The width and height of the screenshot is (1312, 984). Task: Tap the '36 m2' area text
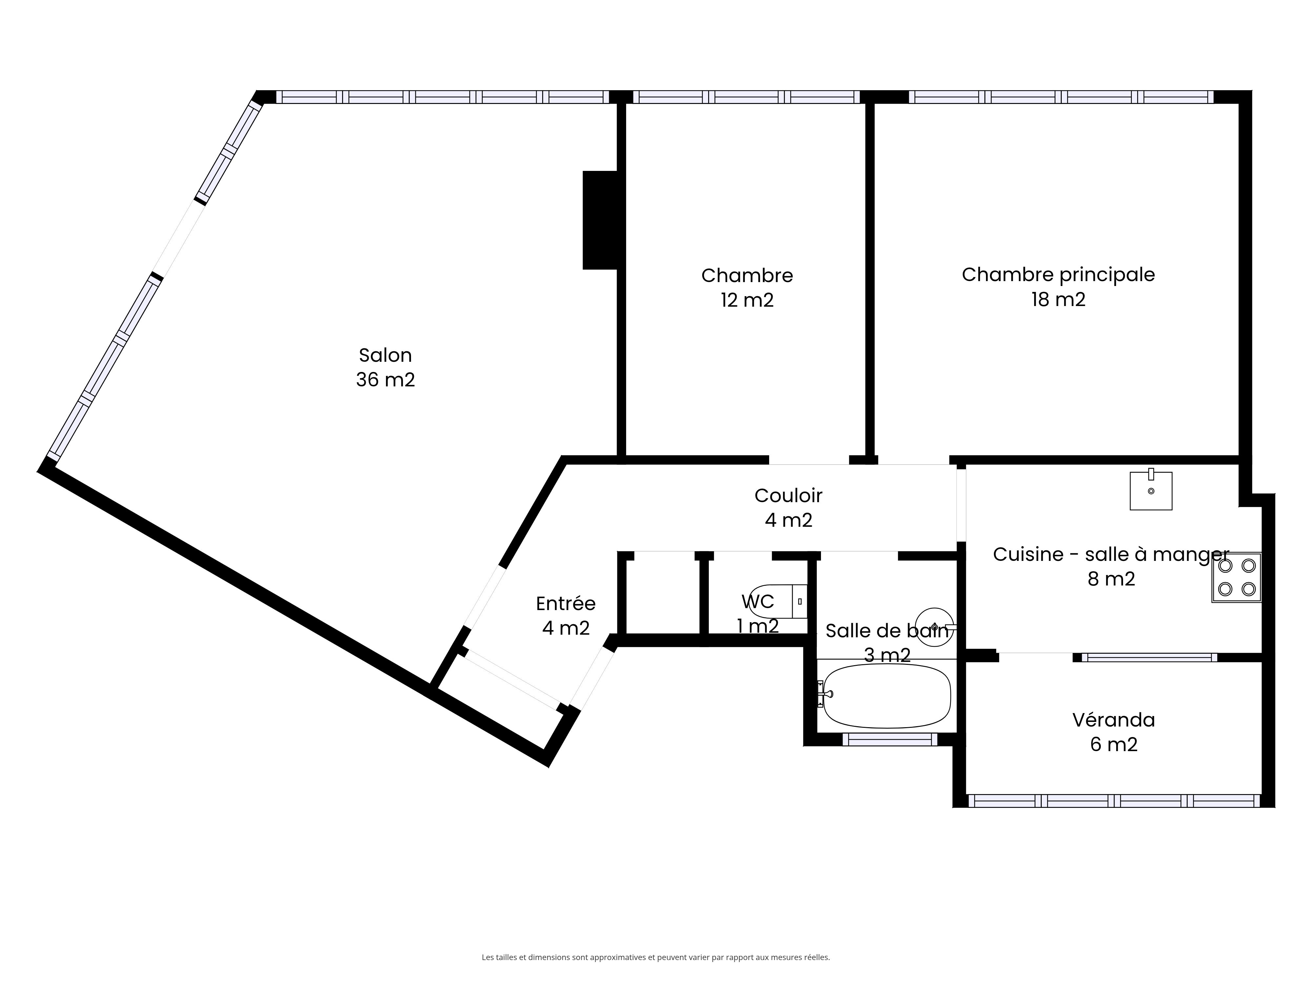(385, 379)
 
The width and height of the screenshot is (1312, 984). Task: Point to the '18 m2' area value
(1058, 299)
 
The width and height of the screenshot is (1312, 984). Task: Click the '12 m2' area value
(747, 300)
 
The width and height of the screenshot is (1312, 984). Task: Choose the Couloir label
(788, 495)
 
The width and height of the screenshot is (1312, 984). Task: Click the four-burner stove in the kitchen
(1236, 578)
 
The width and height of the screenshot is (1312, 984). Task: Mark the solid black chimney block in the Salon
(601, 220)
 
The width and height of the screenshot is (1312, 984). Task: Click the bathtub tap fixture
(825, 694)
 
